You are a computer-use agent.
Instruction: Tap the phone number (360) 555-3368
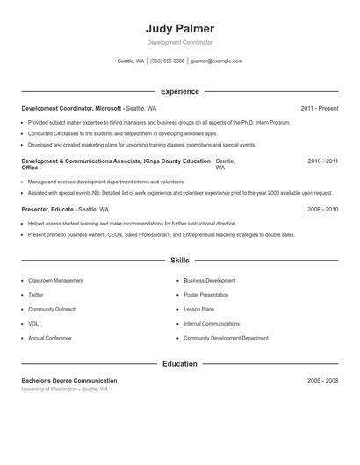pos(167,61)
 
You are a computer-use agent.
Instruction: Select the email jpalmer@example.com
pos(216,61)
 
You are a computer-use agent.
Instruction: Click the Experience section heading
pos(179,91)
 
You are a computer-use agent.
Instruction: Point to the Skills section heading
pos(179,261)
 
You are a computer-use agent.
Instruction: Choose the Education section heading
pos(179,364)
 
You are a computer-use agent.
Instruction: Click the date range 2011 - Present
pos(319,108)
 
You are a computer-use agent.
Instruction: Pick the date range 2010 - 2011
pos(322,161)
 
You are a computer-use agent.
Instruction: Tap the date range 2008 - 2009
pos(322,210)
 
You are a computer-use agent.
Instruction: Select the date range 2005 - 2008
pos(322,381)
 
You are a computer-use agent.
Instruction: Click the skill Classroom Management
pos(56,281)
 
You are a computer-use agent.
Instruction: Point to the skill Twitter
pos(36,295)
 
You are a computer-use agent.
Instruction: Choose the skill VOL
pos(33,324)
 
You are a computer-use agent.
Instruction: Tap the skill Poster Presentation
pos(206,295)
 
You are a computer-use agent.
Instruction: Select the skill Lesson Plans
pos(199,309)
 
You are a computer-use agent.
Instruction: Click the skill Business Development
pos(210,281)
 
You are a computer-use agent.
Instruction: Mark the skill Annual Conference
pos(49,338)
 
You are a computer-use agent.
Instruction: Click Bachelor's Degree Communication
pos(69,381)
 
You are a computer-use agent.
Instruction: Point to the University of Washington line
pos(65,389)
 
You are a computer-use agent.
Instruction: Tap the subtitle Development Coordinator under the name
pos(179,42)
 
